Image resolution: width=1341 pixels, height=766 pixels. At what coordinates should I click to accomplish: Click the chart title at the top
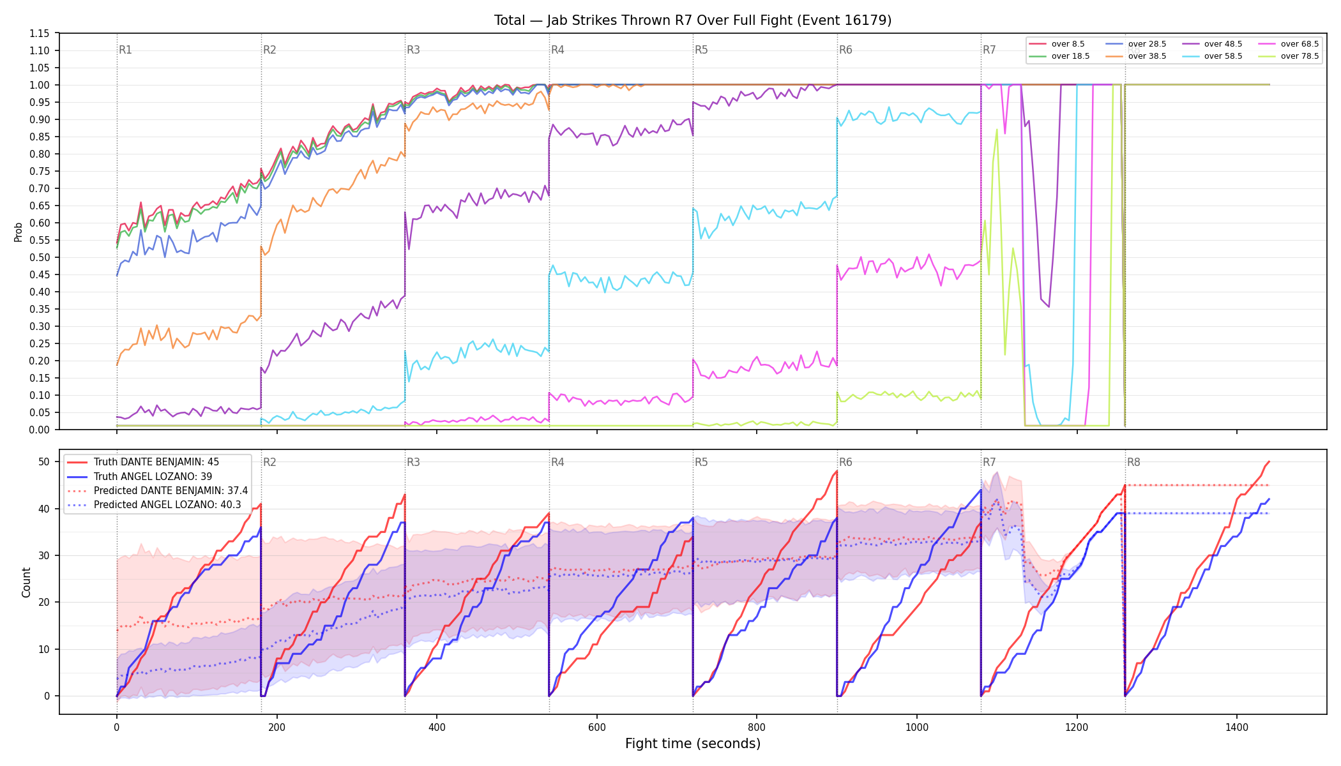693,20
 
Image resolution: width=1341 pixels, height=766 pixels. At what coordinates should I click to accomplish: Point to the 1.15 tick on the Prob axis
39,33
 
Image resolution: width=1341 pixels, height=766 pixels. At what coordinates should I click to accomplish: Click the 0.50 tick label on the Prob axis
39,257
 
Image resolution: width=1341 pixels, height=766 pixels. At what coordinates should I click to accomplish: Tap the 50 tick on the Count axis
44,462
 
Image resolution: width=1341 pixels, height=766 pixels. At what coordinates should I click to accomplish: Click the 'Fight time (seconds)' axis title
693,744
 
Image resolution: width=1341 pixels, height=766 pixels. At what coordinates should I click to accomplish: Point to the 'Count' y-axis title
26,582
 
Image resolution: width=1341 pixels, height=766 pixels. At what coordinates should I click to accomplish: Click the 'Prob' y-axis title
19,232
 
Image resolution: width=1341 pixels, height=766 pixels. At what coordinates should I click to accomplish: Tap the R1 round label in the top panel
125,50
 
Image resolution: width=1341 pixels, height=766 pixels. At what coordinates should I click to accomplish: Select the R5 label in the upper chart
701,50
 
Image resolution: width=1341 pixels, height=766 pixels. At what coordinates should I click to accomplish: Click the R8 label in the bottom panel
1133,462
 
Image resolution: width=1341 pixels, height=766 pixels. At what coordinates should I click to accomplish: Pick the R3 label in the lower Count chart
413,462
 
